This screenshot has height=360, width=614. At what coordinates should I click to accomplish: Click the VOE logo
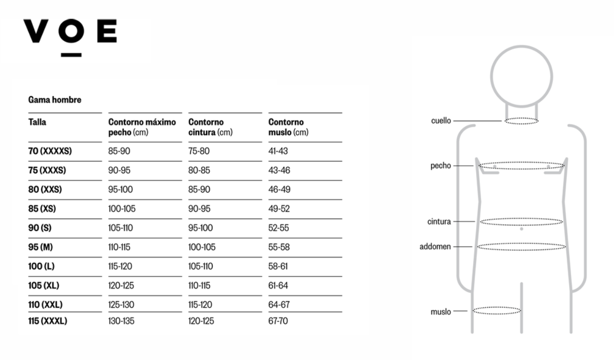(70, 38)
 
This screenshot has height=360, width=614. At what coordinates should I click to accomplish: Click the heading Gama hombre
(55, 100)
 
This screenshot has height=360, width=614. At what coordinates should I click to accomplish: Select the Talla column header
(37, 122)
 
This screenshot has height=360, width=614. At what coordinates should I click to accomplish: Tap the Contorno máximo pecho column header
(142, 127)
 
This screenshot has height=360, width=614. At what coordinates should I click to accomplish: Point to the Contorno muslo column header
(288, 127)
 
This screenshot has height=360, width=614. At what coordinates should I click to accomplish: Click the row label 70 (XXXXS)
(50, 151)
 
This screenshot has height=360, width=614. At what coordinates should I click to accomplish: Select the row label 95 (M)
(40, 247)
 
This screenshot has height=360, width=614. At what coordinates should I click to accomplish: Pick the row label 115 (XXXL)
(48, 321)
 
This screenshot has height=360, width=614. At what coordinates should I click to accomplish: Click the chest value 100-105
(122, 209)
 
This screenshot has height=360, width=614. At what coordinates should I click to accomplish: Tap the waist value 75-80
(199, 151)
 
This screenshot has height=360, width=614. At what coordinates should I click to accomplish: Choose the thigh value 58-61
(278, 266)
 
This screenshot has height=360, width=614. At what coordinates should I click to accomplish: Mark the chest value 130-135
(122, 321)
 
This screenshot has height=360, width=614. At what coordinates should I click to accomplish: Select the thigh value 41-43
(278, 151)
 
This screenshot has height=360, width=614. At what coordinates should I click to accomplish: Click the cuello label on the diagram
(441, 120)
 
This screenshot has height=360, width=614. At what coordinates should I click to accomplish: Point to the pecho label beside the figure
(441, 166)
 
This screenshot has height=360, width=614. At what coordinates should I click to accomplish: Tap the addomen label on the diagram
(435, 247)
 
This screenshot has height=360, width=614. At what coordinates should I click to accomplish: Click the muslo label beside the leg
(441, 312)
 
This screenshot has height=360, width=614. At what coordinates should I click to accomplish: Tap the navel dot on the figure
(521, 229)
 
